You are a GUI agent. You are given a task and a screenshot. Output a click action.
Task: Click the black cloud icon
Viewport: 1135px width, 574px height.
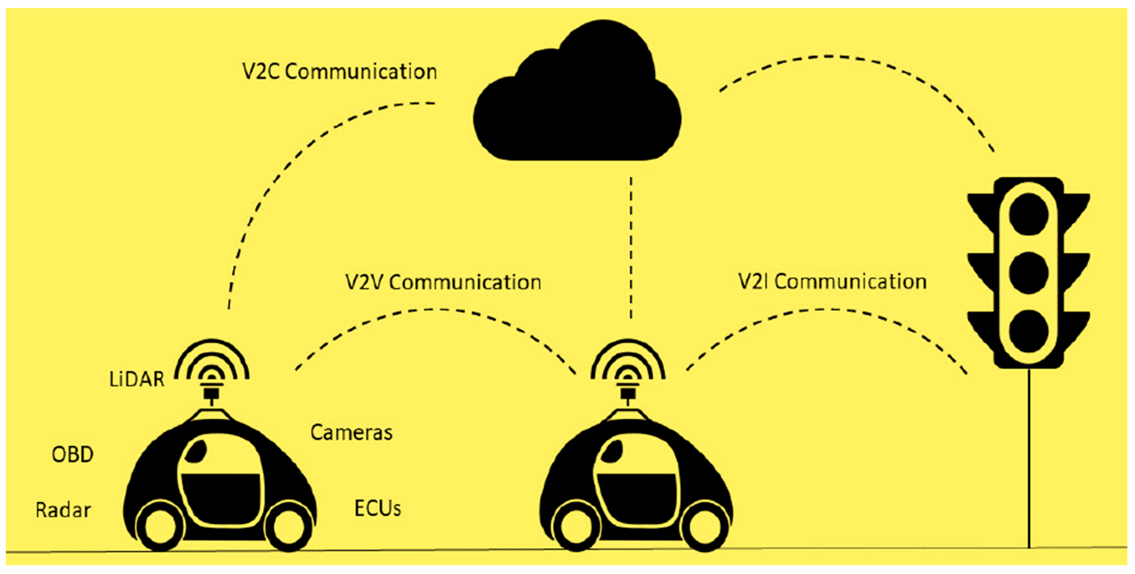[x=577, y=101]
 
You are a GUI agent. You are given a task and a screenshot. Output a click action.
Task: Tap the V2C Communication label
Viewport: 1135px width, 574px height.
[x=339, y=72]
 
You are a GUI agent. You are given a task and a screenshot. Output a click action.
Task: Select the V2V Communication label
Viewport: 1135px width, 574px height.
[x=443, y=282]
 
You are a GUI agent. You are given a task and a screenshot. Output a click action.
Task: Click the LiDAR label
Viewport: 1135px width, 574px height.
[x=137, y=379]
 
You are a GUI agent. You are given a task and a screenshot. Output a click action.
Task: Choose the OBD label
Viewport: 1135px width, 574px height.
[x=73, y=455]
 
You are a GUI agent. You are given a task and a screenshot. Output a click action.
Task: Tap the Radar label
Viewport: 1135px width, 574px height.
[x=63, y=510]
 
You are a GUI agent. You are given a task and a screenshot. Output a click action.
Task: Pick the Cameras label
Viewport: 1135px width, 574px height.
[x=351, y=433]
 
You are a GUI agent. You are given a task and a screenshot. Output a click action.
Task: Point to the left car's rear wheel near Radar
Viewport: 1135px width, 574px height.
[x=158, y=528]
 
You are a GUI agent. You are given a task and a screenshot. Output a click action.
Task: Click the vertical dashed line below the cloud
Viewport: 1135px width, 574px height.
[x=631, y=247]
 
